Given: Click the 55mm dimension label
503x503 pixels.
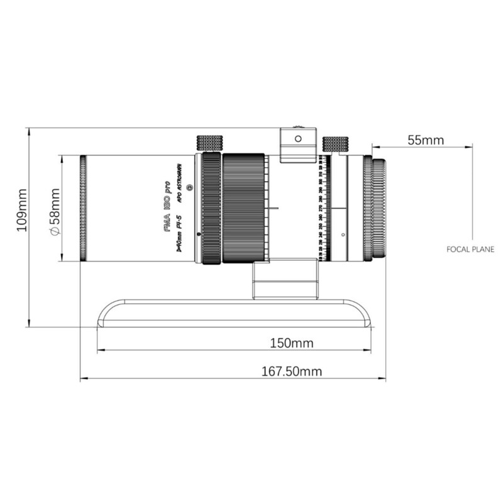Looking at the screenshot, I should point(425,140).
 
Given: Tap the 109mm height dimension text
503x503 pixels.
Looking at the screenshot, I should point(23,210).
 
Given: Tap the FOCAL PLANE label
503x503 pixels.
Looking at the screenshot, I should point(470,249).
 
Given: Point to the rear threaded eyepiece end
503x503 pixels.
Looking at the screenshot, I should point(379,207).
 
